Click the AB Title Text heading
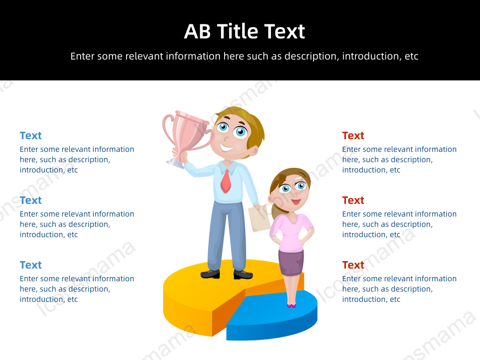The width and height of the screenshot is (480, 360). click(x=244, y=31)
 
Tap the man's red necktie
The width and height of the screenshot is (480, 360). click(x=225, y=181)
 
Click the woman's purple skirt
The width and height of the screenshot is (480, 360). click(x=291, y=262)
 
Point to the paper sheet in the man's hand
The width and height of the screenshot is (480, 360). click(x=259, y=218)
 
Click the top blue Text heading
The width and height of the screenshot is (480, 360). click(x=30, y=135)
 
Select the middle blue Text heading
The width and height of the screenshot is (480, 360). click(x=30, y=200)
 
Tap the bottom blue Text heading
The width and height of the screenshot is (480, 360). click(x=30, y=265)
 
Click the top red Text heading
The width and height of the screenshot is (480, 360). click(x=353, y=135)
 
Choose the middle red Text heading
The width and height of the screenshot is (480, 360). click(x=353, y=200)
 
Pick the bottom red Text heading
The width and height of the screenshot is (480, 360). click(x=353, y=265)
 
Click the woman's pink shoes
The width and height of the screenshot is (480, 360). click(x=292, y=305)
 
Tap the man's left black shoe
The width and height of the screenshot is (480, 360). click(x=210, y=274)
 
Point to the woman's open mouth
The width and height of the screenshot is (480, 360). click(x=296, y=202)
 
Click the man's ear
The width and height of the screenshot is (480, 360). click(x=254, y=150)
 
